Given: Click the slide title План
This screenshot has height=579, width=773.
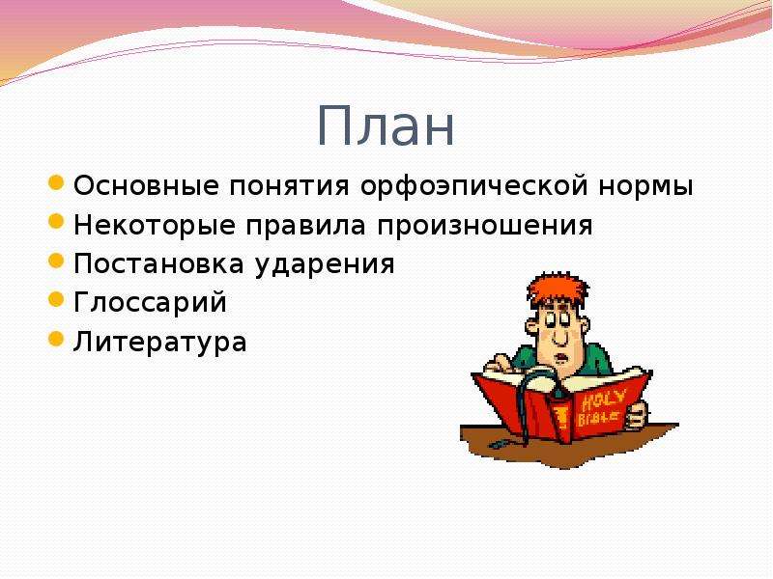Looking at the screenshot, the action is (386, 126).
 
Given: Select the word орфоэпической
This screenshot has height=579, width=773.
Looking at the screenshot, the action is (474, 187).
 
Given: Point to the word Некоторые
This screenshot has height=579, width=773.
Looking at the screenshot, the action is (155, 226).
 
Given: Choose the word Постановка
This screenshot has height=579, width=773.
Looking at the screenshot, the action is (158, 264).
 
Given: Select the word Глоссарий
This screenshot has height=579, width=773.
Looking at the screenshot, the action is (150, 303).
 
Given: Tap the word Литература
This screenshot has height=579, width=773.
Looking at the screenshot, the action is (159, 343).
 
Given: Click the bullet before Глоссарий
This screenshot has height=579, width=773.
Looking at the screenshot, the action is (56, 299).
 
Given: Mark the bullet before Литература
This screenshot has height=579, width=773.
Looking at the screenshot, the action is (56, 339).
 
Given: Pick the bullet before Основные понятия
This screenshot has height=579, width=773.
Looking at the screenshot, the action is (56, 182).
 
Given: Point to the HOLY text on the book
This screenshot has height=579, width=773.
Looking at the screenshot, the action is (604, 400).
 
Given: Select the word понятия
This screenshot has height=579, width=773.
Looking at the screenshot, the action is (289, 187).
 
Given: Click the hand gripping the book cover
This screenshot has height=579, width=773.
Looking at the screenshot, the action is (636, 415).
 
